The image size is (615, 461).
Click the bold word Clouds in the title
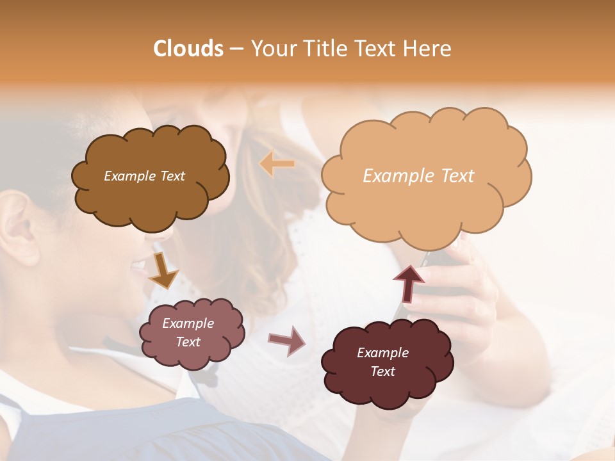tap(188, 49)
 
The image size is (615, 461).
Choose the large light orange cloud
tap(426, 205)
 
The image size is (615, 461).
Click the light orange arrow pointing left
tap(277, 164)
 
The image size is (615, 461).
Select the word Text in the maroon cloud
tap(382, 371)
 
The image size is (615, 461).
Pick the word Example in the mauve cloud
tap(188, 323)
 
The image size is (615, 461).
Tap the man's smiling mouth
tap(138, 266)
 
